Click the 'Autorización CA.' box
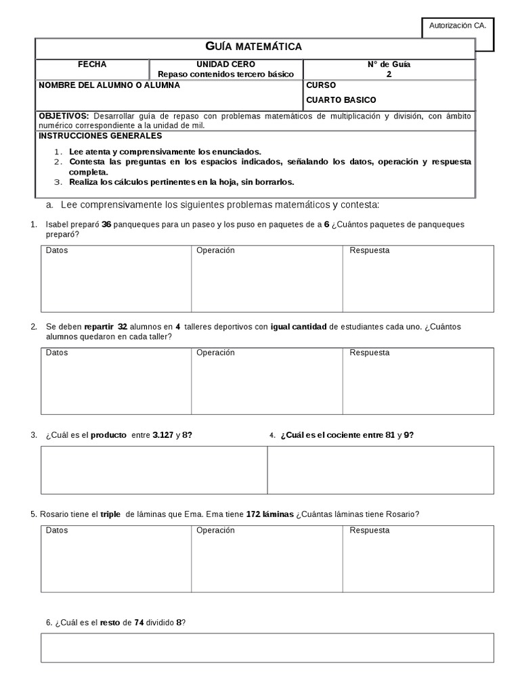(457, 26)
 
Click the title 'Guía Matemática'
(253, 46)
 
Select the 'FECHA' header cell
(92, 64)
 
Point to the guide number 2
(389, 74)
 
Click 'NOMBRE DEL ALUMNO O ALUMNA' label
(109, 86)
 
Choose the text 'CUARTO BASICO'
(341, 100)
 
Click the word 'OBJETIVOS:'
(64, 116)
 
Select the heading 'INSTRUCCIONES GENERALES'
(100, 135)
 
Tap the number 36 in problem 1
(106, 224)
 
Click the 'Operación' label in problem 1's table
(215, 250)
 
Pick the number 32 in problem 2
(123, 327)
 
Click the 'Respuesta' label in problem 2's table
(369, 353)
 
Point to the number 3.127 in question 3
(162, 435)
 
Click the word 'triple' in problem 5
(110, 514)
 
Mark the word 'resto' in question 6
(110, 622)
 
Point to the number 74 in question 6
(139, 622)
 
